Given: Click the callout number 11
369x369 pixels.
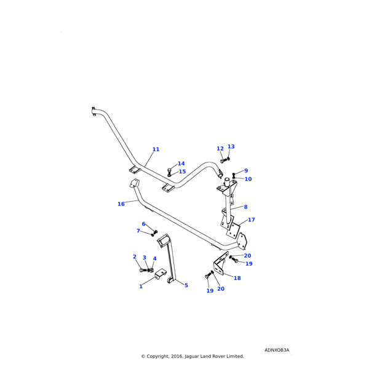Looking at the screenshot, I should pyautogui.click(x=156, y=149).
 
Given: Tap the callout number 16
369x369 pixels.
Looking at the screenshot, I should pyautogui.click(x=121, y=204).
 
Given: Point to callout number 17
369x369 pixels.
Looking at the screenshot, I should pyautogui.click(x=252, y=220).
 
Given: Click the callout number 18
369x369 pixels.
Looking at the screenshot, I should pyautogui.click(x=237, y=278).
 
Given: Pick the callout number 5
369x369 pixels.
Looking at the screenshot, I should pyautogui.click(x=186, y=285).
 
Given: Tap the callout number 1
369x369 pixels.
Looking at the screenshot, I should pyautogui.click(x=141, y=286).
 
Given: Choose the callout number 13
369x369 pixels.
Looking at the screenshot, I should pyautogui.click(x=231, y=147).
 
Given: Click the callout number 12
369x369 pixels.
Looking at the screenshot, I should pyautogui.click(x=220, y=149).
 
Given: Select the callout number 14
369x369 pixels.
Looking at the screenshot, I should pyautogui.click(x=181, y=164).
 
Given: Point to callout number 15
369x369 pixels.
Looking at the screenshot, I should pyautogui.click(x=182, y=172).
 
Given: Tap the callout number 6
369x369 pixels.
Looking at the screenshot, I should pyautogui.click(x=144, y=224).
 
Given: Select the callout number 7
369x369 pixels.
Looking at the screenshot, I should pyautogui.click(x=138, y=231).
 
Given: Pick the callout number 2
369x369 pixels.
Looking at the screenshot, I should pyautogui.click(x=135, y=257).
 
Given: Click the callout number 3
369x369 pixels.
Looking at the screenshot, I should pyautogui.click(x=145, y=258).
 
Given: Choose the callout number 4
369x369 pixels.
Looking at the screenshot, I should pyautogui.click(x=154, y=259).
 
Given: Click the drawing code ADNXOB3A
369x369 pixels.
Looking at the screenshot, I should pyautogui.click(x=277, y=350).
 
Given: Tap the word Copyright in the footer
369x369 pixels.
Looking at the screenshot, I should pyautogui.click(x=159, y=356).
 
